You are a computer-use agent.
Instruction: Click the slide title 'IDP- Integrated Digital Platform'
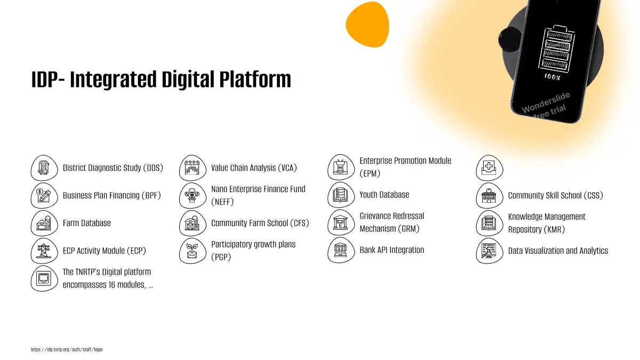click(161, 79)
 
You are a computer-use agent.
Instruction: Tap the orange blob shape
click(367, 25)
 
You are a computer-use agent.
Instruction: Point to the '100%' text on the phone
click(553, 77)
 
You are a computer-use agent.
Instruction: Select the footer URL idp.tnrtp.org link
click(67, 349)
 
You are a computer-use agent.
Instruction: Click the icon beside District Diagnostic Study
click(44, 167)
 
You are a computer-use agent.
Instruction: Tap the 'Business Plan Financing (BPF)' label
click(111, 195)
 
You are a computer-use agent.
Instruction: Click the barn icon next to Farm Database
click(44, 223)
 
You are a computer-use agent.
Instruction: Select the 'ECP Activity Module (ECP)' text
click(105, 251)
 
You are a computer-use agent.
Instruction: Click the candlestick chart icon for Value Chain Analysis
click(193, 167)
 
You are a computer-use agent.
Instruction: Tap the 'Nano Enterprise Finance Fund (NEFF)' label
click(258, 195)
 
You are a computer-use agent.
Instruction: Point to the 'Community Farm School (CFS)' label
click(260, 223)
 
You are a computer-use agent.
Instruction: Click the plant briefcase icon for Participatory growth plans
click(193, 251)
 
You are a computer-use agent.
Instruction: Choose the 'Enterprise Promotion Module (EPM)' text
click(405, 167)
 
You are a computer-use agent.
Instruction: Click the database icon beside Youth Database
click(341, 195)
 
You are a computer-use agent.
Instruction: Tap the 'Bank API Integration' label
click(391, 250)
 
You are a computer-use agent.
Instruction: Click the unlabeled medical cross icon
click(490, 167)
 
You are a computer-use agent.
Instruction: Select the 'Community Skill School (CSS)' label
click(555, 195)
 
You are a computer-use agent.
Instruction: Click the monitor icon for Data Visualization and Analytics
click(490, 251)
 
